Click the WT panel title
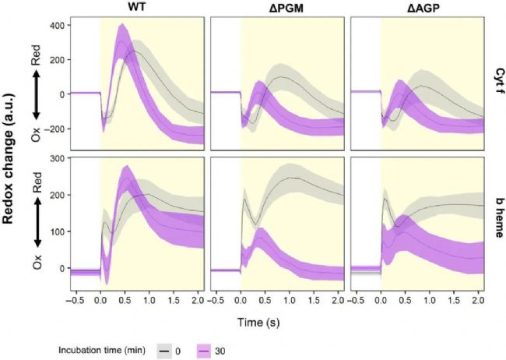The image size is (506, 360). click(x=139, y=7)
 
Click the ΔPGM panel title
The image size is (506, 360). click(x=279, y=7)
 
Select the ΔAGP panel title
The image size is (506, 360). click(x=418, y=7)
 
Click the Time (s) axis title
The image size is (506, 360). click(x=279, y=320)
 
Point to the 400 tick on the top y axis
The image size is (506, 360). click(x=57, y=25)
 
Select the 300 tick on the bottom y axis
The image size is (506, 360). click(x=57, y=159)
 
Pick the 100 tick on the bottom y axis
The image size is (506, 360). click(x=57, y=231)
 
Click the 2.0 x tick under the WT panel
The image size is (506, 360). click(x=196, y=299)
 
